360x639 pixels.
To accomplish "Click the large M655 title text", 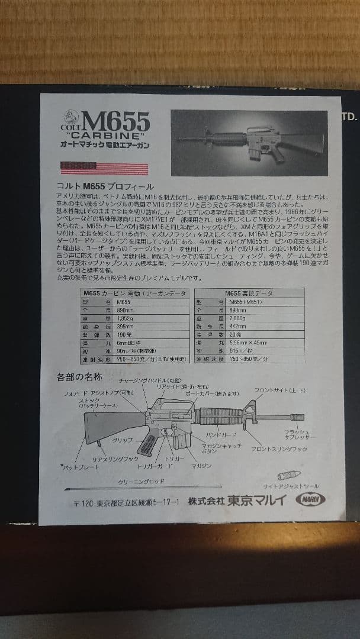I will click(x=116, y=122).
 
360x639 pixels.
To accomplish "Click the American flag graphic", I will click(x=104, y=169).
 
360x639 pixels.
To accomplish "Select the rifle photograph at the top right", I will click(x=249, y=143).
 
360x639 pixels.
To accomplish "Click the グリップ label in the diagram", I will click(x=123, y=440).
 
